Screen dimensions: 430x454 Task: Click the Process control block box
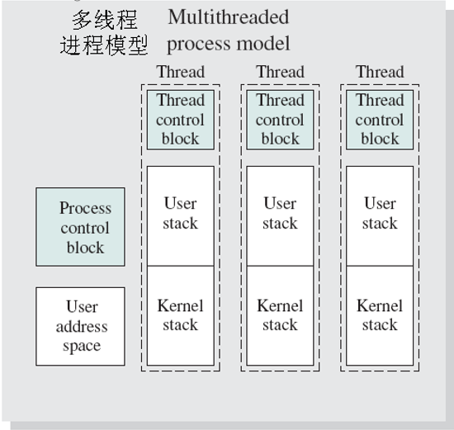(80, 227)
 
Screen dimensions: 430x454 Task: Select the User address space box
(80, 326)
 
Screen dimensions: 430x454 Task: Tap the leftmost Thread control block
(180, 119)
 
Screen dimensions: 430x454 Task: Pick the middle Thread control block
(280, 119)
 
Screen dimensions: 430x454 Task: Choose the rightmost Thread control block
(380, 119)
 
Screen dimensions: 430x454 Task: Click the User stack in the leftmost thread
(180, 214)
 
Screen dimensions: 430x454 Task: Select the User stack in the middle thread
(280, 214)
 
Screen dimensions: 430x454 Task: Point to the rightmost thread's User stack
(380, 214)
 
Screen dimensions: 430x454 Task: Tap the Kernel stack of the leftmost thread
(180, 315)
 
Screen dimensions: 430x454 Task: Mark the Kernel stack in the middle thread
(280, 315)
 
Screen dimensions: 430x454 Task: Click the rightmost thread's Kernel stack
(380, 315)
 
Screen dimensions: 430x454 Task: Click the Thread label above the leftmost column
(180, 72)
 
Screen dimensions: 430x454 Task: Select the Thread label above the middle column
(280, 72)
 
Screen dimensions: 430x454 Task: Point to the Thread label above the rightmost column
(380, 72)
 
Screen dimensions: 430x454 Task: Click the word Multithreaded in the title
(228, 17)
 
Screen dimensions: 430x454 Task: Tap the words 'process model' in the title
(228, 43)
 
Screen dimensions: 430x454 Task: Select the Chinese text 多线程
(105, 18)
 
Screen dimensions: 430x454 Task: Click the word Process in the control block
(85, 208)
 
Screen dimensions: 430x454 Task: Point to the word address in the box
(82, 326)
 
